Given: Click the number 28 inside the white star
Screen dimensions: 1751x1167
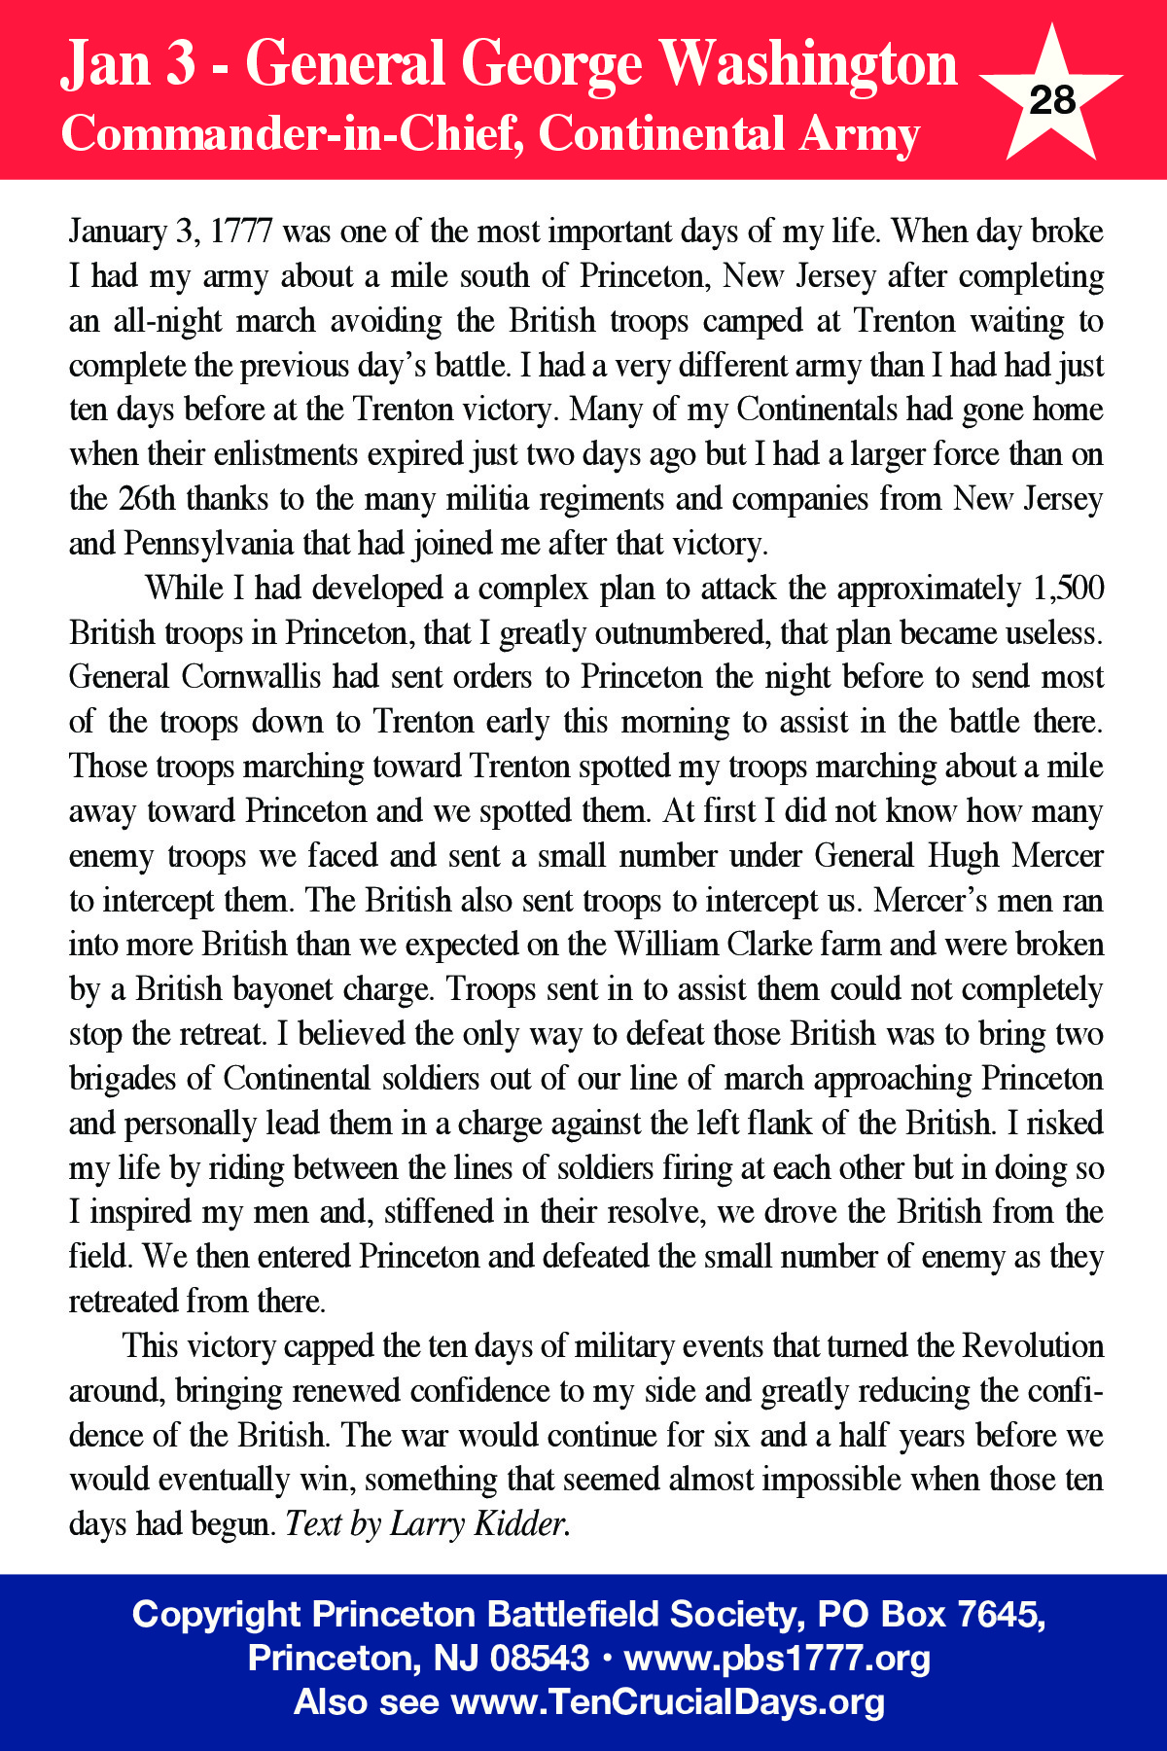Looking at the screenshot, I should point(1051,100).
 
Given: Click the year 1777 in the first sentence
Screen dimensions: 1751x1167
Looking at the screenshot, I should point(241,232).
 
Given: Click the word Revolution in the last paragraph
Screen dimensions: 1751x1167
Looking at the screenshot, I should point(1033,1346).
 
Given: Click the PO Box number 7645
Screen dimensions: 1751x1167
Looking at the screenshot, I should point(1000,1616).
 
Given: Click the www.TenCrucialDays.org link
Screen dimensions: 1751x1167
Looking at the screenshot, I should point(668,1702).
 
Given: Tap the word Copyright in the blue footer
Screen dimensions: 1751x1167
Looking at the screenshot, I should point(216,1616).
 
